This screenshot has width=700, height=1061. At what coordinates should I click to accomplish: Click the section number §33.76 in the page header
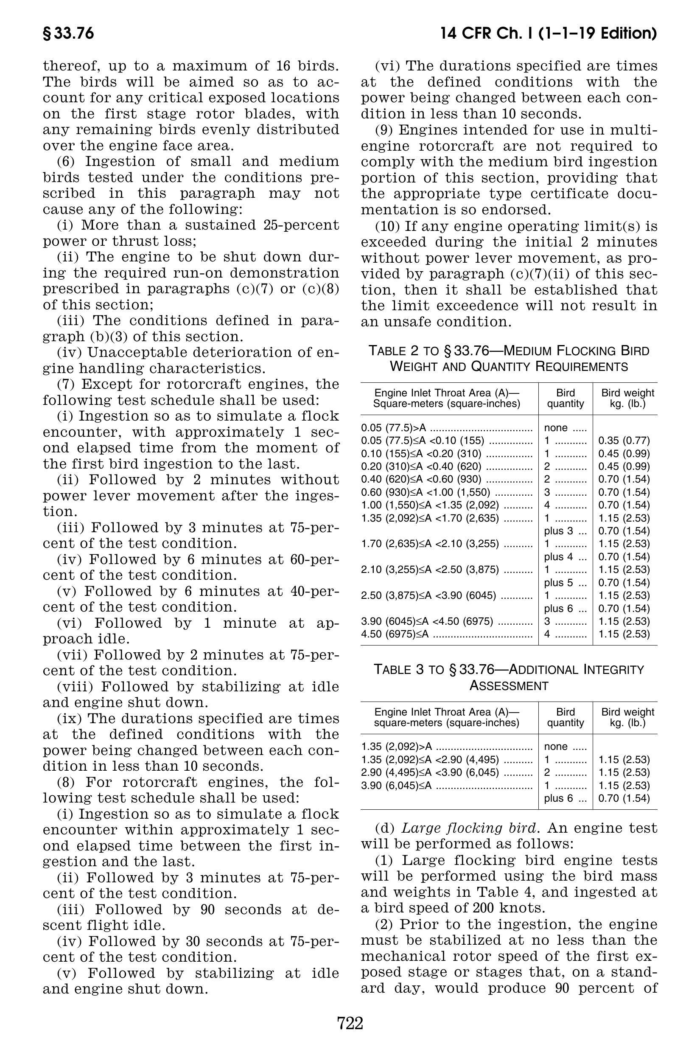[68, 34]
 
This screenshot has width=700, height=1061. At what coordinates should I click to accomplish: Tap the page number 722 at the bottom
[350, 1023]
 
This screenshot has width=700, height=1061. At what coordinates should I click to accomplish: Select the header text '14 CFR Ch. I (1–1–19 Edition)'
[548, 34]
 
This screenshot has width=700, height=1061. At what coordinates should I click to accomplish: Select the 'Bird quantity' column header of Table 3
[565, 717]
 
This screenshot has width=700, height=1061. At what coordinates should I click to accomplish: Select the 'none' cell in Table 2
[556, 428]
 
